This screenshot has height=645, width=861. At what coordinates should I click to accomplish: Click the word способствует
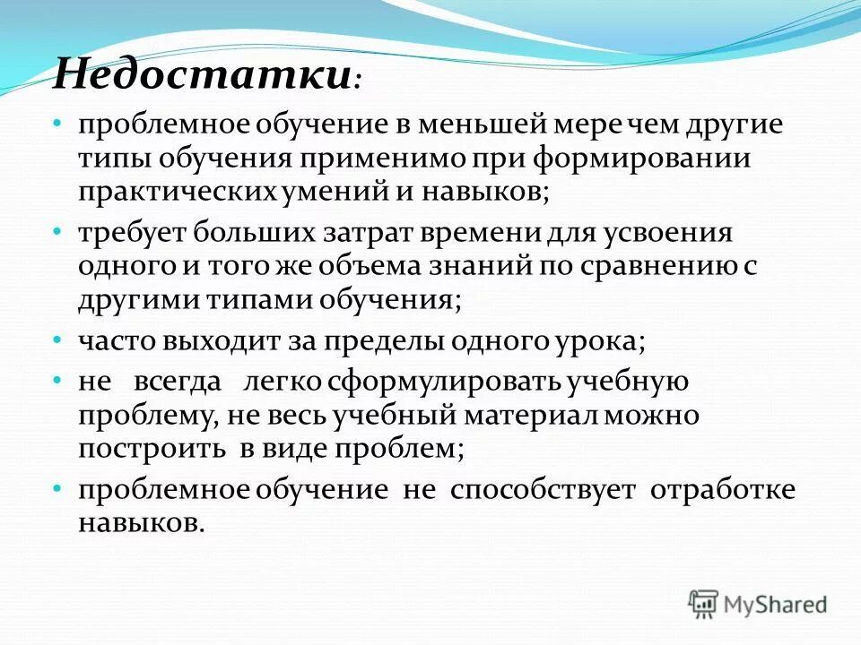click(x=544, y=491)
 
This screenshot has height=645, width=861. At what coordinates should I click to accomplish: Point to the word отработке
click(x=723, y=491)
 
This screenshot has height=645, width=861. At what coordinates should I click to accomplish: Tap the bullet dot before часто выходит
click(x=57, y=341)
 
